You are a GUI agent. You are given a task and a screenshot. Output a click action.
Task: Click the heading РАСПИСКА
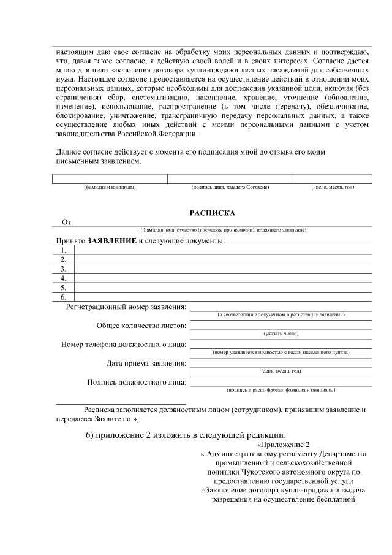[213, 213]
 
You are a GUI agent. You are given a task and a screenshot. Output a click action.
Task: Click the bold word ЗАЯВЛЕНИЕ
[112, 240]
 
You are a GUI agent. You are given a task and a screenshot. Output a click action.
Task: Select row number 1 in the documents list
[63, 250]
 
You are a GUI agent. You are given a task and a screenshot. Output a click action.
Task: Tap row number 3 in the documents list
[63, 269]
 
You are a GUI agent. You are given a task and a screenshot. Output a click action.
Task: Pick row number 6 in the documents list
[63, 297]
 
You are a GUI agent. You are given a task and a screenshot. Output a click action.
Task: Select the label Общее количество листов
[141, 326]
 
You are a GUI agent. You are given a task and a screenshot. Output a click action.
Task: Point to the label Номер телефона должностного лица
[124, 344]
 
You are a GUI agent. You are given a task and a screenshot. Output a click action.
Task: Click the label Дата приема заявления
[146, 363]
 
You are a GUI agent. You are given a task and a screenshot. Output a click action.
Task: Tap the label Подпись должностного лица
[137, 382]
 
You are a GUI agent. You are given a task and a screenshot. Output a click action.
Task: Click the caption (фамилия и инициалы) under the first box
[110, 187]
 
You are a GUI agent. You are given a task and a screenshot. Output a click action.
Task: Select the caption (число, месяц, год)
[332, 187]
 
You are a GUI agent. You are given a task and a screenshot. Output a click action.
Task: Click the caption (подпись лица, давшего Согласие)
[230, 187]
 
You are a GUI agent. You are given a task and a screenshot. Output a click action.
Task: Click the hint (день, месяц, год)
[281, 371]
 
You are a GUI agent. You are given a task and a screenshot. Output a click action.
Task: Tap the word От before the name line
[66, 222]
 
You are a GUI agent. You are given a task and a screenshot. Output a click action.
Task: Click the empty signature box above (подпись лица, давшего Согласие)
[230, 178]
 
